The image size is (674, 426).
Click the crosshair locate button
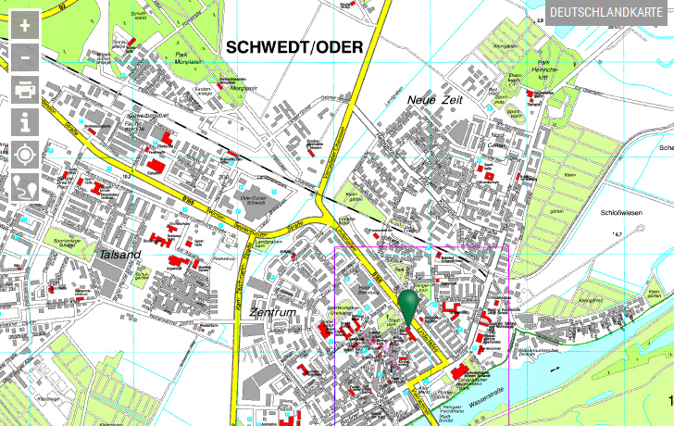pyautogui.click(x=25, y=154)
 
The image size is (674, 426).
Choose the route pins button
pyautogui.click(x=25, y=185)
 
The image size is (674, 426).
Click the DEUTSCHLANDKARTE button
pyautogui.click(x=610, y=13)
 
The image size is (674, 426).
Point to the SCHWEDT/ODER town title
pyautogui.click(x=293, y=47)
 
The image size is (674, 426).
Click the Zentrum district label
pyautogui.click(x=273, y=313)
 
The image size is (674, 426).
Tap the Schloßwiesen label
pyautogui.click(x=621, y=213)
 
